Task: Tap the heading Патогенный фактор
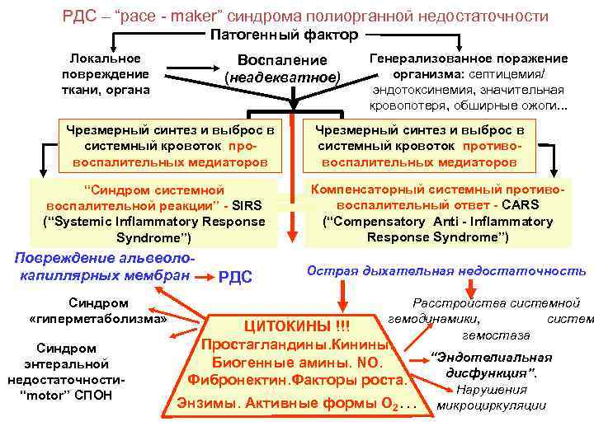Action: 284,35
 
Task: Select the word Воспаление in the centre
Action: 282,60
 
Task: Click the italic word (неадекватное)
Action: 282,77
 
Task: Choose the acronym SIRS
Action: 250,206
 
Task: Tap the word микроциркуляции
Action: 492,405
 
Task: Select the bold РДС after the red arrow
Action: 235,277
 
